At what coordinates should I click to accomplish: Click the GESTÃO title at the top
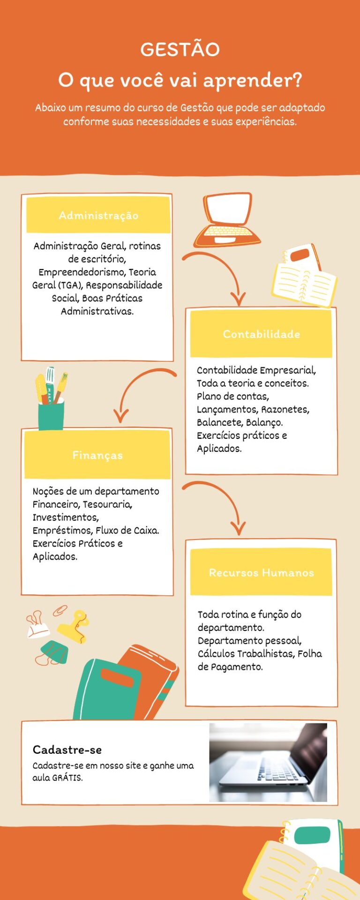pos(180,49)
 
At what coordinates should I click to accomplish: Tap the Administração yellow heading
pos(98,215)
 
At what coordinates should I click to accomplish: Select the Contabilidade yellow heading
pos(261,334)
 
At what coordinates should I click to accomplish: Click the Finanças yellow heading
pos(97,455)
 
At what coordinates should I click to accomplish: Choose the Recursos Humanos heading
pos(261,572)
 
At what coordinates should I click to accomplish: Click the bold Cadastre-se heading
pos(67,750)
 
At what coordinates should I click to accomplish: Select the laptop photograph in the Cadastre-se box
pos(268,762)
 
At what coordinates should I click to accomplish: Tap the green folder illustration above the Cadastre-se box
pos(107,689)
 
